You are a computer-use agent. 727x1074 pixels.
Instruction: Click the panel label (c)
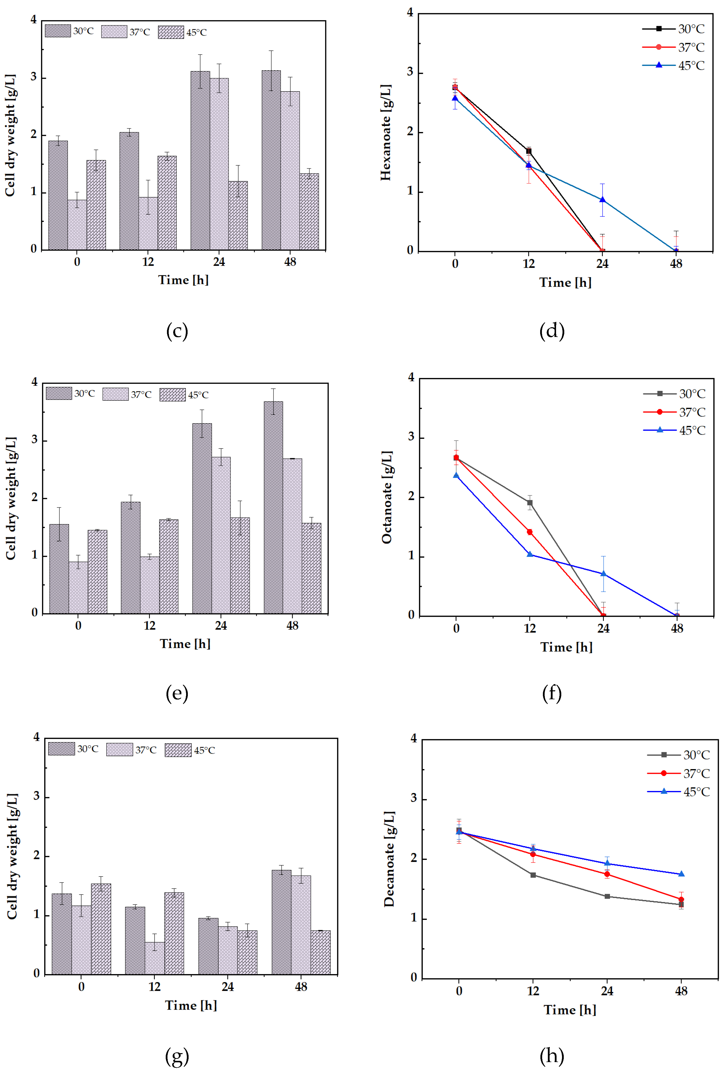point(177,331)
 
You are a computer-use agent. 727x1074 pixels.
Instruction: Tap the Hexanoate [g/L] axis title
point(386,133)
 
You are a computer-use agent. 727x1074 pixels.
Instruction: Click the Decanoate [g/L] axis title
point(389,859)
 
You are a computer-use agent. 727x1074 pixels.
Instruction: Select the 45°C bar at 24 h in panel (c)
point(238,215)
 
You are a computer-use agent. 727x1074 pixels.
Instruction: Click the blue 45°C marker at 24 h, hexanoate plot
point(602,200)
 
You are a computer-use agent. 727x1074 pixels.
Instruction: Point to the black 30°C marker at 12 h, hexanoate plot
point(529,151)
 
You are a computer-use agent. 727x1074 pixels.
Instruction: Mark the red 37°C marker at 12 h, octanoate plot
point(530,532)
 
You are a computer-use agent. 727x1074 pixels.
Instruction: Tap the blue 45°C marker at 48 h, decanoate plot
point(681,874)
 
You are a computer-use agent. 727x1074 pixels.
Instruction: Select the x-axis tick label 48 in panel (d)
point(676,264)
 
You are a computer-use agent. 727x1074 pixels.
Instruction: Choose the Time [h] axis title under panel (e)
point(185,644)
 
